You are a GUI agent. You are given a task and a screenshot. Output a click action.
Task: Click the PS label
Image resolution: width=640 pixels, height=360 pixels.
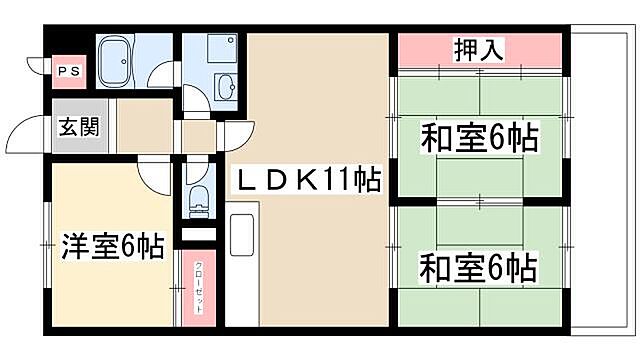pyautogui.click(x=68, y=71)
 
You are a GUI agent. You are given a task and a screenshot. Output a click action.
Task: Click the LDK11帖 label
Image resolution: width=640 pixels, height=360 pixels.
pyautogui.click(x=306, y=181)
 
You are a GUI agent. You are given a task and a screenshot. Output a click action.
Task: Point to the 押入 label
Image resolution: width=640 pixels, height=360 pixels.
pyautogui.click(x=478, y=48)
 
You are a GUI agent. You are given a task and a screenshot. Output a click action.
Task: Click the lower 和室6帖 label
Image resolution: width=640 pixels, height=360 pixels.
pyautogui.click(x=478, y=267)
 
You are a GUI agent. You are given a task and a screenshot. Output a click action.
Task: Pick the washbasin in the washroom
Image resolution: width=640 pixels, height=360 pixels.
pyautogui.click(x=227, y=87)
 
